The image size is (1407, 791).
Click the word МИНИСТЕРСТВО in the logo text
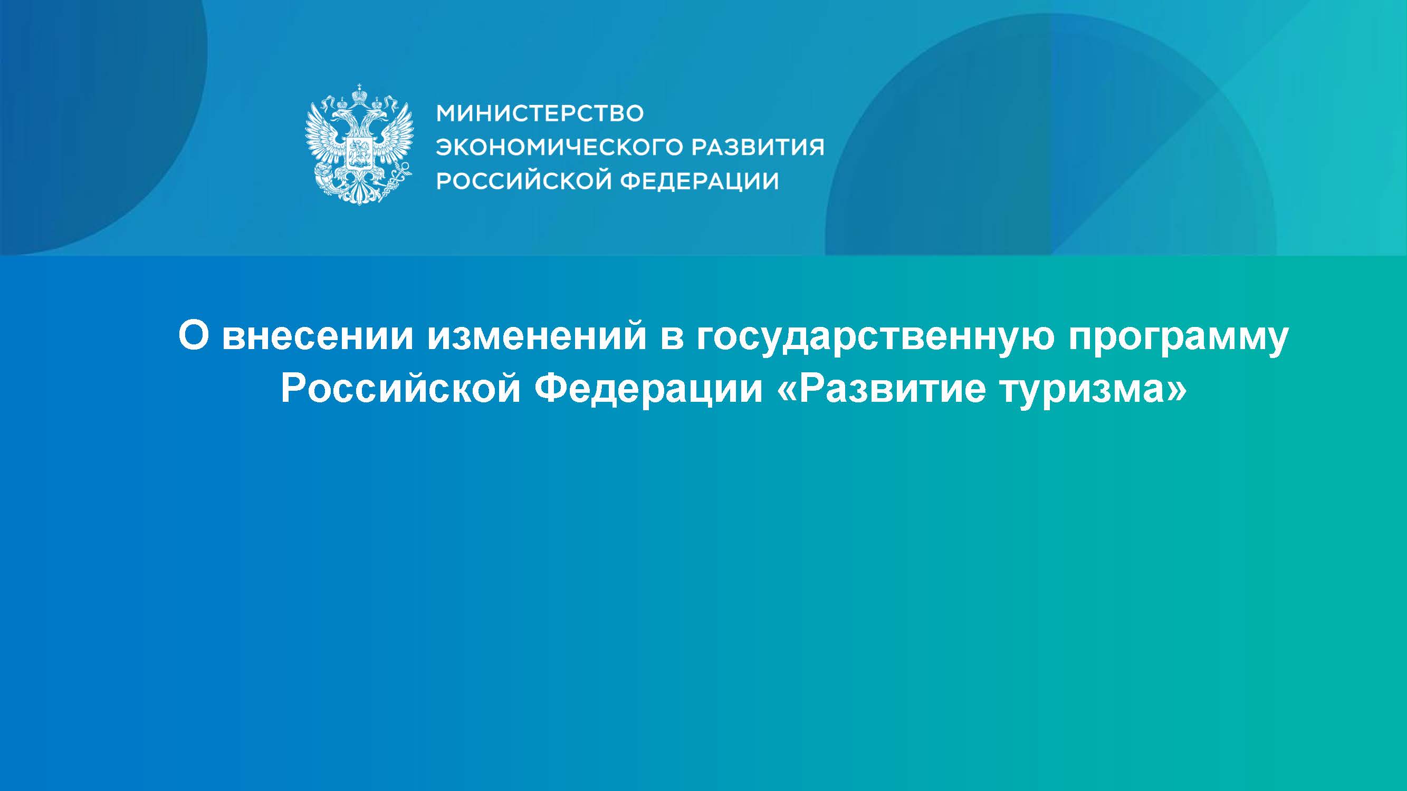tap(540, 113)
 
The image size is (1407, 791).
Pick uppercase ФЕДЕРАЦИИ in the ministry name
tap(700, 181)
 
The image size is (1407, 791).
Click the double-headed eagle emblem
tap(359, 144)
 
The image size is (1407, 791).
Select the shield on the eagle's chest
tap(359, 152)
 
